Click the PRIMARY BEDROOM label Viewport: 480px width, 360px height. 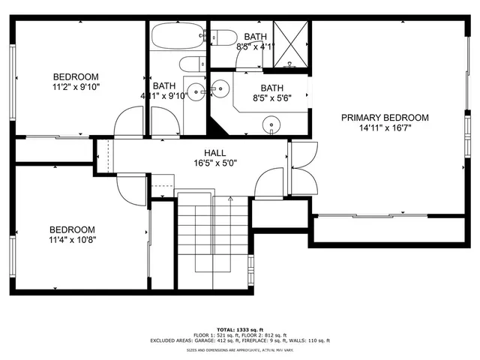coord(385,118)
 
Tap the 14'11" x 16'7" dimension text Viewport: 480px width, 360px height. coord(385,128)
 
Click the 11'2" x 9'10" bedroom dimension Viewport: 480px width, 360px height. coord(76,87)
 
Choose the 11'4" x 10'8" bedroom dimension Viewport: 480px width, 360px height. coord(72,240)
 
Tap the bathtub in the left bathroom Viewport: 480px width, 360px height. coord(177,35)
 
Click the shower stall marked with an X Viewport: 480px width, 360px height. coord(291,44)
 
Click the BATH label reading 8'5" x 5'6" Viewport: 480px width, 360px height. coord(271,88)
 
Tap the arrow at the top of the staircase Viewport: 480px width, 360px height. coord(230,199)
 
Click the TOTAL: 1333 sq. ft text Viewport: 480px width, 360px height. coord(240,329)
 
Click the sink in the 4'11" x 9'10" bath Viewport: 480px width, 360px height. coord(196,93)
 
